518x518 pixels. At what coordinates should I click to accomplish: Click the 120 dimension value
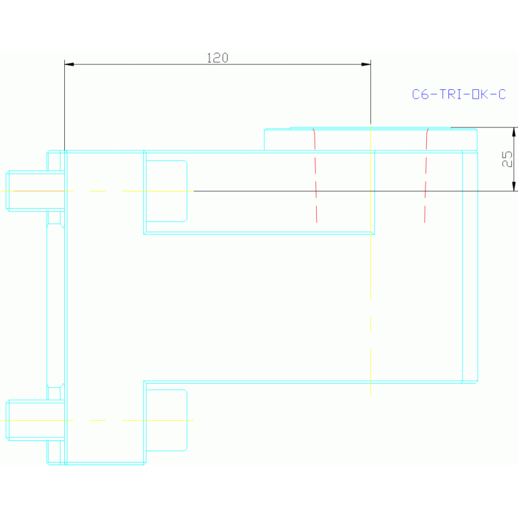click(217, 58)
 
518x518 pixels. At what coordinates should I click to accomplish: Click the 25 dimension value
click(507, 159)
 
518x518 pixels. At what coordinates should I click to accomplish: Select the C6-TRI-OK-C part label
click(459, 95)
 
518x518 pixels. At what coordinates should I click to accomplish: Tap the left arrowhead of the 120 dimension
click(69, 64)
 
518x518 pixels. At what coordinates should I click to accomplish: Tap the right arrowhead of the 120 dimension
click(365, 64)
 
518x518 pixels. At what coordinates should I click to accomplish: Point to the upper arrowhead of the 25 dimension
click(514, 132)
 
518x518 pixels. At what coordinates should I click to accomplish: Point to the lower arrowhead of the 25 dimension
click(514, 186)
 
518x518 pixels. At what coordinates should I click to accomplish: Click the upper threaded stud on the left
click(35, 191)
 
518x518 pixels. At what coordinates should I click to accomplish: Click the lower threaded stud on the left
click(35, 420)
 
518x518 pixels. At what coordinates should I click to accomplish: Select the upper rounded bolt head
click(167, 191)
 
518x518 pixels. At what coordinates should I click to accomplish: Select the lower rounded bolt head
click(167, 420)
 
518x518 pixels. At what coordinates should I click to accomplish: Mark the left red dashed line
click(315, 175)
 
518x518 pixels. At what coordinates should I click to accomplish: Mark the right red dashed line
click(426, 175)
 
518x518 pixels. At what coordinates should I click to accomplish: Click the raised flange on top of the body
click(371, 139)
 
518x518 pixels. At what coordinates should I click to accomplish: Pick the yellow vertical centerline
click(371, 259)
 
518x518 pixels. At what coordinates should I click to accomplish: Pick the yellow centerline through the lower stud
click(97, 420)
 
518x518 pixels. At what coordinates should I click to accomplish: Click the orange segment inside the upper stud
click(38, 191)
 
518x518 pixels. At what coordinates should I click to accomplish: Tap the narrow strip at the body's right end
click(470, 267)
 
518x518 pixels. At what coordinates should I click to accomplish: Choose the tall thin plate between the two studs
click(55, 305)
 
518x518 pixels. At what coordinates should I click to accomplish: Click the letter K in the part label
click(484, 95)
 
